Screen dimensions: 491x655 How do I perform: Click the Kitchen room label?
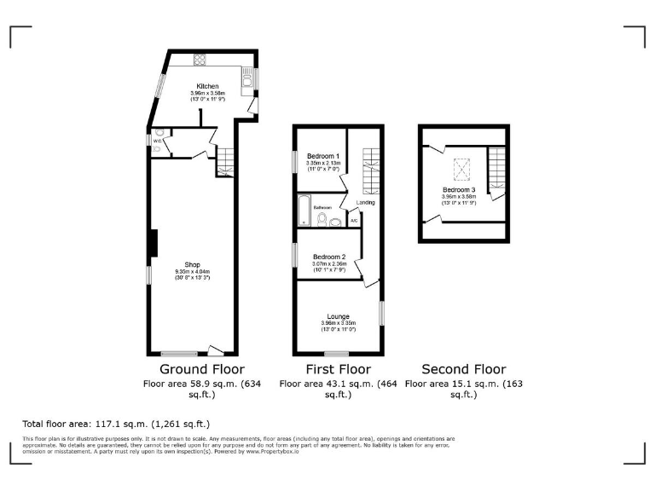point(207,86)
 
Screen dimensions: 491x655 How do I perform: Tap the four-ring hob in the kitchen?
point(200,60)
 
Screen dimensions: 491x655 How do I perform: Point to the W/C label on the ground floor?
point(158,142)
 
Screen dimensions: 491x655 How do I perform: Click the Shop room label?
point(192,264)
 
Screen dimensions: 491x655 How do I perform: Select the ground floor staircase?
point(225,161)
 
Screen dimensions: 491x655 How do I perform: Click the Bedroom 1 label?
point(323,157)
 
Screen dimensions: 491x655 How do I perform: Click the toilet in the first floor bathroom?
point(321,221)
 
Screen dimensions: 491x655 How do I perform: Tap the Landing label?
point(365,203)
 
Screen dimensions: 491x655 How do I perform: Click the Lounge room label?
point(338,316)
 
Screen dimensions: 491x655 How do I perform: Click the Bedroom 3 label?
point(459,189)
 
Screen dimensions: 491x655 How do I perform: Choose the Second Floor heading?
point(464,369)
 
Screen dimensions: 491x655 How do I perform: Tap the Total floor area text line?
point(116,424)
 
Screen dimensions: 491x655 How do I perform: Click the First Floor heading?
point(339,369)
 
